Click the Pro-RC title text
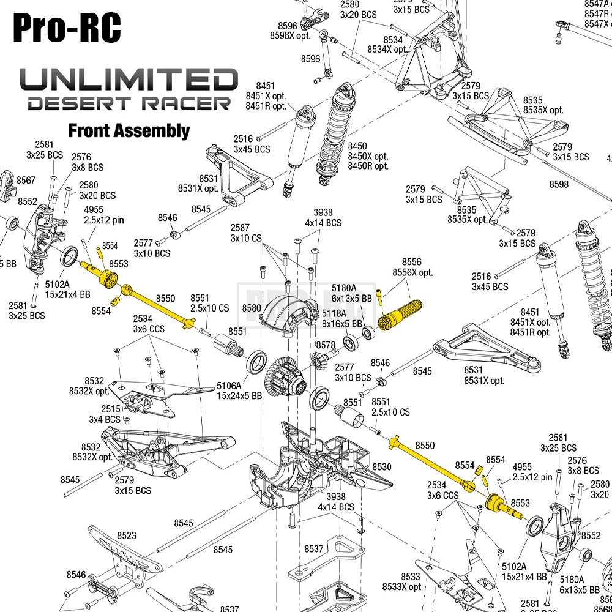pos(67,28)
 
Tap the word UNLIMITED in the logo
pos(129,80)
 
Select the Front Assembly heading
pos(129,130)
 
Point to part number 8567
pos(26,180)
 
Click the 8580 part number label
pos(251,308)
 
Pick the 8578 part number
pos(326,345)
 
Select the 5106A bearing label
pos(229,386)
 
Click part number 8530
pos(381,467)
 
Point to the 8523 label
pos(127,535)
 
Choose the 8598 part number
pos(559,184)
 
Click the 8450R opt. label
pos(368,166)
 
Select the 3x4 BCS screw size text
pos(105,419)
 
